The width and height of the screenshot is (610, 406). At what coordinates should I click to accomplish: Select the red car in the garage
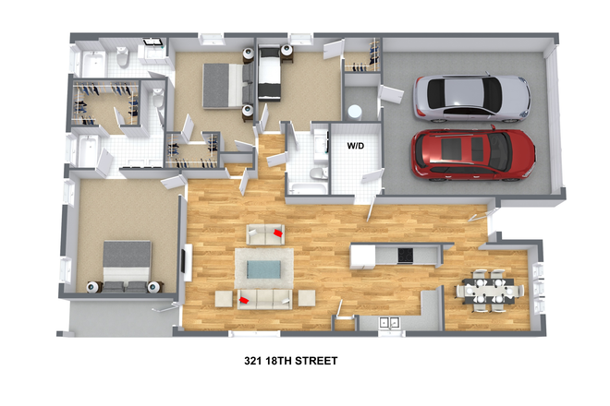473,151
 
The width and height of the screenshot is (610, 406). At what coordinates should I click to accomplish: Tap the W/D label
356,146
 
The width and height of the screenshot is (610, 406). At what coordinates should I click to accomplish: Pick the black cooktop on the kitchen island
405,255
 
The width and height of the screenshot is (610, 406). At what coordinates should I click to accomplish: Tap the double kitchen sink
390,324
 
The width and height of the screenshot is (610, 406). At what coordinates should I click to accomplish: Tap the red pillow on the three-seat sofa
244,299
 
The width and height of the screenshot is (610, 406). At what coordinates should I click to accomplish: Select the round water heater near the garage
354,112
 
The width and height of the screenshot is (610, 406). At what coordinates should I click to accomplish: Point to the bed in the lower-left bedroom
126,266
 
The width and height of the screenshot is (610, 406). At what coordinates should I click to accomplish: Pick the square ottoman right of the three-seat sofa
305,298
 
